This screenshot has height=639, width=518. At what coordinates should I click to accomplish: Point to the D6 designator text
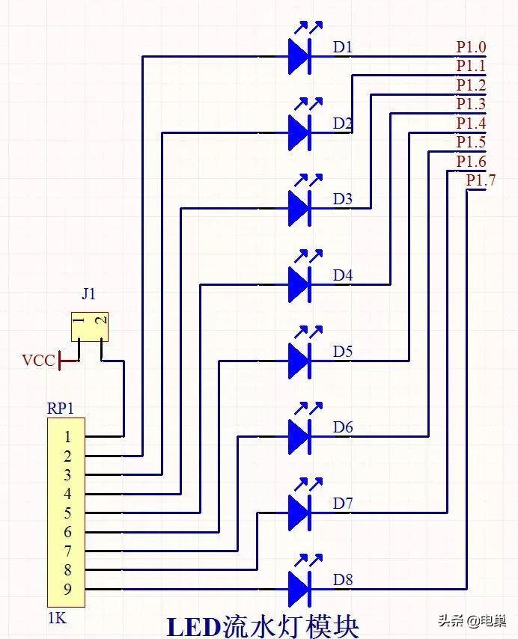[343, 427]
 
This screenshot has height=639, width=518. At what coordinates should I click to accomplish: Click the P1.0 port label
[471, 47]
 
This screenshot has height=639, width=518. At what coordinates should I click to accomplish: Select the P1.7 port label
[481, 180]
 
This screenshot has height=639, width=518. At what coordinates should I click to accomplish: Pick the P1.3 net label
[471, 104]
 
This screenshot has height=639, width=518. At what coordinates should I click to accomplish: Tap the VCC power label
[38, 361]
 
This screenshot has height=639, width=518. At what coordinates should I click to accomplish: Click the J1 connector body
[90, 327]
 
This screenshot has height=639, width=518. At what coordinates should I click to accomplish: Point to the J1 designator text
[89, 293]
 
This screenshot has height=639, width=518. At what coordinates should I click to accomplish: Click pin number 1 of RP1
[67, 437]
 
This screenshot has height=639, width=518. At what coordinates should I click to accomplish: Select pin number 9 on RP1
[67, 589]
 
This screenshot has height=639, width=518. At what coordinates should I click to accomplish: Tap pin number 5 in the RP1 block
[67, 513]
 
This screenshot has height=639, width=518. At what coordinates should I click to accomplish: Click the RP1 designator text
[61, 409]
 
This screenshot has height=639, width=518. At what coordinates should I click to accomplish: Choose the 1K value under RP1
[57, 618]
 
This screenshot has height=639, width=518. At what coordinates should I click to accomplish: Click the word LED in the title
[194, 628]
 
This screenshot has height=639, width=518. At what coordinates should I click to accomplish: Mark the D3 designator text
[343, 199]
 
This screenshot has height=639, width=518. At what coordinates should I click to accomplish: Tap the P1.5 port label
[471, 142]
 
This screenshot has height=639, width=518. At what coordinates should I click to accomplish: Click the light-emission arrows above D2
[308, 104]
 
